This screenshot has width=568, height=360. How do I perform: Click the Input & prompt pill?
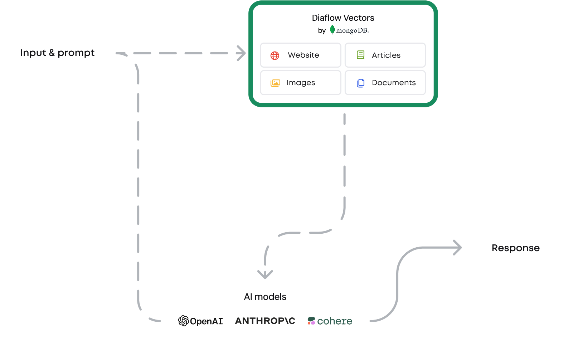pos(57,53)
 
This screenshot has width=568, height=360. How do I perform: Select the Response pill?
pos(515,248)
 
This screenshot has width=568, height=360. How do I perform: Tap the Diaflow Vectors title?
pos(343,18)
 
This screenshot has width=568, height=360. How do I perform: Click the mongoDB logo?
pos(349,30)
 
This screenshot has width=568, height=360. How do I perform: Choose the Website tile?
pos(300,55)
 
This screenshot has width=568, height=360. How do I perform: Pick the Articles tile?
pos(385,55)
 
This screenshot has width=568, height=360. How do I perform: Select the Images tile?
pos(300,83)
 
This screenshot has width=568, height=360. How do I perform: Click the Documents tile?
pos(385,83)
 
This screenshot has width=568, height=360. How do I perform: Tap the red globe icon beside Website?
pos(275,55)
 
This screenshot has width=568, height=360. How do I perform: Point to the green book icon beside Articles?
pos(360,55)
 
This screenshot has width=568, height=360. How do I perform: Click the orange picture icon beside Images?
pos(275,83)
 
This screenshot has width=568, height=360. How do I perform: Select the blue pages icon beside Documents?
pos(360,83)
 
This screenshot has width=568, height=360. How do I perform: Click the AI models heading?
pos(265,297)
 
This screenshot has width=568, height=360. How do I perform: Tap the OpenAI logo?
pos(200,321)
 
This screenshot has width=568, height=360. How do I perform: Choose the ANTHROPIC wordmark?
pos(265,321)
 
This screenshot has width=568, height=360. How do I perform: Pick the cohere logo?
pos(330,321)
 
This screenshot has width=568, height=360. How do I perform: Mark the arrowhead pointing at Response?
pos(458,248)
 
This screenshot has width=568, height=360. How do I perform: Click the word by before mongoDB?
pos(322,31)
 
